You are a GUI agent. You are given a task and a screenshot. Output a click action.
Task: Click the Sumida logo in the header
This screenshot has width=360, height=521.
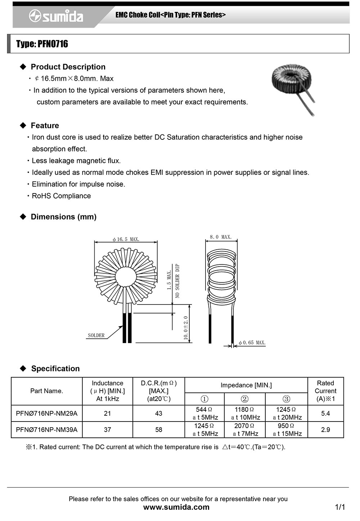56,16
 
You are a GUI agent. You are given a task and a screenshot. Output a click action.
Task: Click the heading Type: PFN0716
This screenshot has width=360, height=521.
42,44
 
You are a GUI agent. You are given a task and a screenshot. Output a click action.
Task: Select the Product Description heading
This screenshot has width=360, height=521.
68,67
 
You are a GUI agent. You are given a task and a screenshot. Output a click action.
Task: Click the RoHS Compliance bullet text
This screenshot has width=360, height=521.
61,196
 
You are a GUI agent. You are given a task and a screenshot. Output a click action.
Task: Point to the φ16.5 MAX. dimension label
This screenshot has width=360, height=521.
126,239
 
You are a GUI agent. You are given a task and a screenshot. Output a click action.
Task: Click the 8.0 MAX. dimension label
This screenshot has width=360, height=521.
221,237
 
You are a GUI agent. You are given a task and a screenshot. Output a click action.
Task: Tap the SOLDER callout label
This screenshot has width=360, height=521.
96,335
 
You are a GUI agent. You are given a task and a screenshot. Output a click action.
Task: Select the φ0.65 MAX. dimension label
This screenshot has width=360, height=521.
252,343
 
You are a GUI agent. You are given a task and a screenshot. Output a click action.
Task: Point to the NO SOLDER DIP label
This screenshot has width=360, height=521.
177,281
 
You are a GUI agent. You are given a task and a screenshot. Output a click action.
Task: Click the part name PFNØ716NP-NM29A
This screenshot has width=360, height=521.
46,414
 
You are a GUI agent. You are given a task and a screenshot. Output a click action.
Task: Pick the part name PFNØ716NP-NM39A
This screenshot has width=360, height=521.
46,430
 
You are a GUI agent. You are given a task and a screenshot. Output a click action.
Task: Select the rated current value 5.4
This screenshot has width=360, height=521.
325,414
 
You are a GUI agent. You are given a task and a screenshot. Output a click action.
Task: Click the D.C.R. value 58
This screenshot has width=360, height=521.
158,430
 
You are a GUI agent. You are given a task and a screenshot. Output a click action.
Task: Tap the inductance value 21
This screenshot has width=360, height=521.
107,414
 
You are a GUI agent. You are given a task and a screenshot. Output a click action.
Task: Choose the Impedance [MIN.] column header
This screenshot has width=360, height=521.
246,385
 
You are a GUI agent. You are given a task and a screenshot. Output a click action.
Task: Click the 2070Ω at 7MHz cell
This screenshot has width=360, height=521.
245,430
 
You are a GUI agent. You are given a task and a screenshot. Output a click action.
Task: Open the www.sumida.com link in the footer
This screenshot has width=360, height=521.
176,507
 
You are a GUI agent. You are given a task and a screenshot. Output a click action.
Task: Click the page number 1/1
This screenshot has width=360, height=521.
340,507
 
